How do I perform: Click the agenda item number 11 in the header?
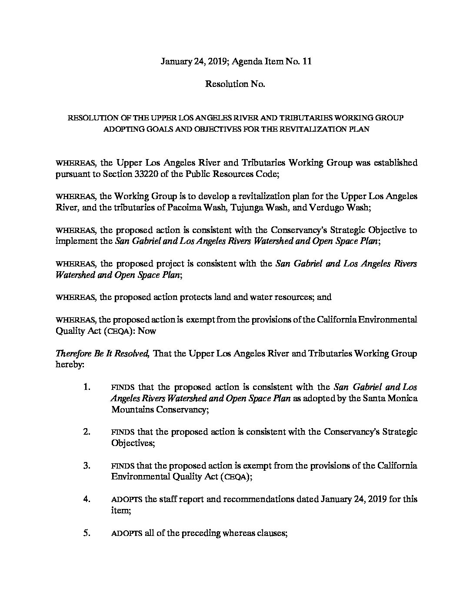(x=307, y=62)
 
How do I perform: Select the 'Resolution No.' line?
(x=235, y=84)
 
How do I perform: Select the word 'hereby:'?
(x=70, y=365)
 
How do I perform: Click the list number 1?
(x=87, y=387)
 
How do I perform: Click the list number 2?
(x=87, y=432)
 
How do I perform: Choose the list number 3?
(x=87, y=466)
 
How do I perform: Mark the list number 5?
(x=87, y=533)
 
